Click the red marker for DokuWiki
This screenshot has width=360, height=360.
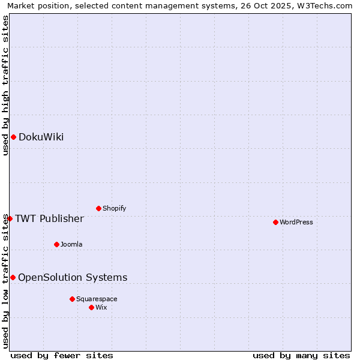[x=13, y=137]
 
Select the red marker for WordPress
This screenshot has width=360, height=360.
[x=275, y=222]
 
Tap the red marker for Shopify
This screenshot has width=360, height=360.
[x=98, y=208]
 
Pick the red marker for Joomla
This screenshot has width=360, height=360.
[x=56, y=244]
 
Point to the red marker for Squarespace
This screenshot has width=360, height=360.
[x=72, y=299]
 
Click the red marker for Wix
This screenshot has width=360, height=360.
[x=91, y=307]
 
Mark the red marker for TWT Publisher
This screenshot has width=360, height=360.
[x=10, y=218]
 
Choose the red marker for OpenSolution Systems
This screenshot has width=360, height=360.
[x=13, y=277]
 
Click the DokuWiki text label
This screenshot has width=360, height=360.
[x=41, y=137]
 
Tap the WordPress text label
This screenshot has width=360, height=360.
[x=296, y=222]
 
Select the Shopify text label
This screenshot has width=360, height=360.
[x=114, y=208]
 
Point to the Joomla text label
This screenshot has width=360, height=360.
[x=71, y=244]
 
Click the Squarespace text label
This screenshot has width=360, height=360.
[x=97, y=299]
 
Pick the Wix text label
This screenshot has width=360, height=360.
[x=101, y=307]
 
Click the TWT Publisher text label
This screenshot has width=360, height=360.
[x=49, y=218]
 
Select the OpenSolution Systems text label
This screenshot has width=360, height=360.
[x=73, y=277]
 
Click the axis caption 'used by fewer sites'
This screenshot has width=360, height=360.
[x=62, y=355]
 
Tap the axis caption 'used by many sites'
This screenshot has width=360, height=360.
[x=301, y=355]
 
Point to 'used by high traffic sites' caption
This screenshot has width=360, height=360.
[x=5, y=85]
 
